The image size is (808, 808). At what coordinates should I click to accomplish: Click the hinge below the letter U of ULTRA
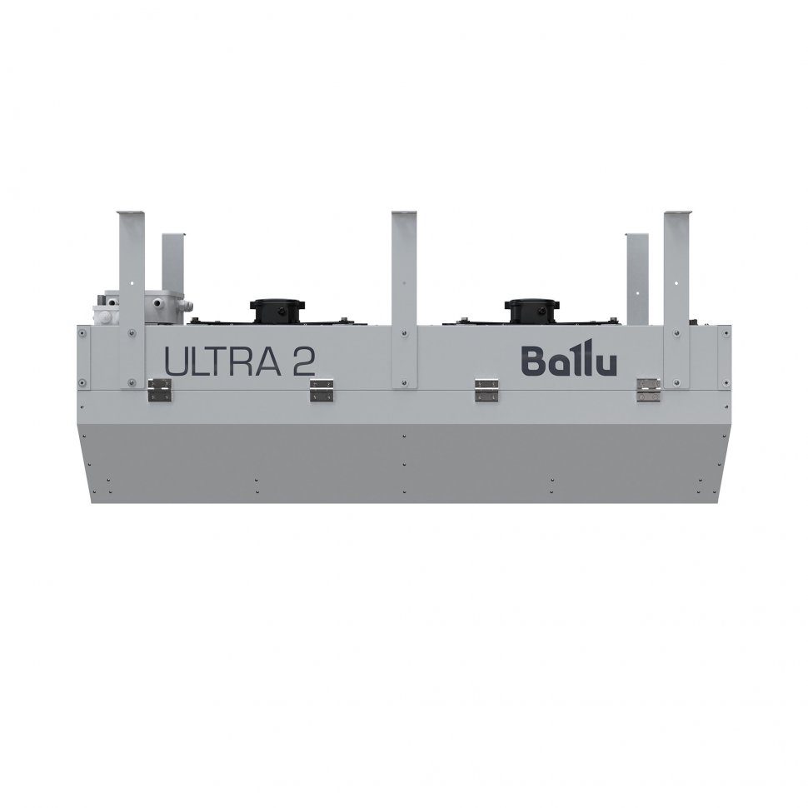(159, 389)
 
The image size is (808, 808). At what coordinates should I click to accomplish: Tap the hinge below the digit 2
(322, 389)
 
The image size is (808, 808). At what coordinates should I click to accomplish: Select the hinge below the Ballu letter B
(486, 389)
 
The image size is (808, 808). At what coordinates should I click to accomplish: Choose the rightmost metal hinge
(647, 389)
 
